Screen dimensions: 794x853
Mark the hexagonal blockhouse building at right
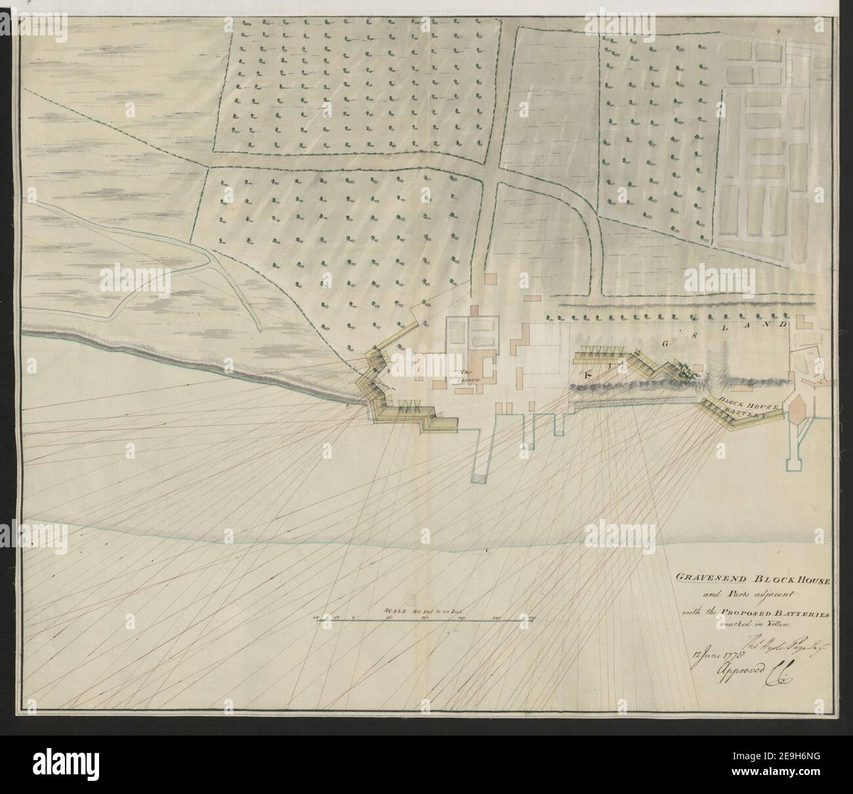pyautogui.click(x=797, y=415)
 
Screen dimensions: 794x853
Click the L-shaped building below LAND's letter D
pyautogui.click(x=802, y=327)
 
